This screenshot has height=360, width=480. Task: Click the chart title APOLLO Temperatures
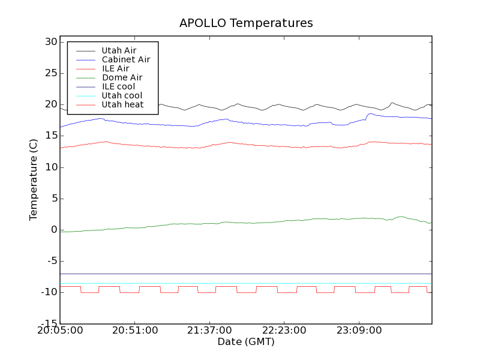click(x=246, y=23)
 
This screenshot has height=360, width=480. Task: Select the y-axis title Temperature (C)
click(x=34, y=179)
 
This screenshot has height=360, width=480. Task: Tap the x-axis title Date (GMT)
click(x=246, y=341)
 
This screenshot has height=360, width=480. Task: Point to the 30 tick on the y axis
click(x=50, y=42)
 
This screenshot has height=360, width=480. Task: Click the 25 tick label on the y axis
click(x=50, y=73)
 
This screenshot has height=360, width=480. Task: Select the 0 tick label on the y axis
click(x=54, y=230)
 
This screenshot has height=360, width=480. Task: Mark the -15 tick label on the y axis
click(x=48, y=323)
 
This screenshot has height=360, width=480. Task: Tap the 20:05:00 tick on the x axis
click(x=60, y=331)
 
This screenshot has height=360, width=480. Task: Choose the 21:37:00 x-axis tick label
click(x=209, y=331)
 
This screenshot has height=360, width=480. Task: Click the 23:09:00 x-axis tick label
click(x=358, y=331)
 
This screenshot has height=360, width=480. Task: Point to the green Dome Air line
click(x=240, y=223)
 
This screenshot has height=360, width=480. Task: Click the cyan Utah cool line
click(x=240, y=283)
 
